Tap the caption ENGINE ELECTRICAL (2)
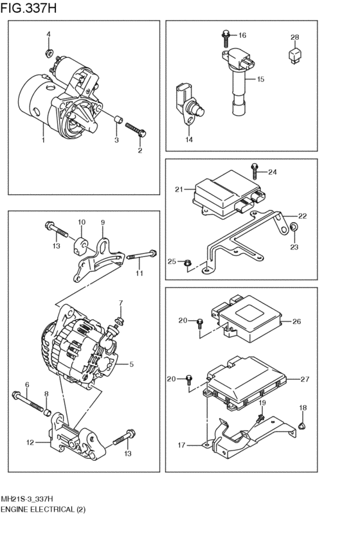point(42,508)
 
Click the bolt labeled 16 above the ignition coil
point(226,36)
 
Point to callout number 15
point(261,79)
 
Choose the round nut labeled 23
point(293,226)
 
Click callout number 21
point(179,189)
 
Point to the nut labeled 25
point(187,262)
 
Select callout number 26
point(296,321)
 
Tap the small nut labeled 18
point(303,425)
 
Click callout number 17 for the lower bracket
point(183,444)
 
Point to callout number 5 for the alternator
point(131,364)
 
